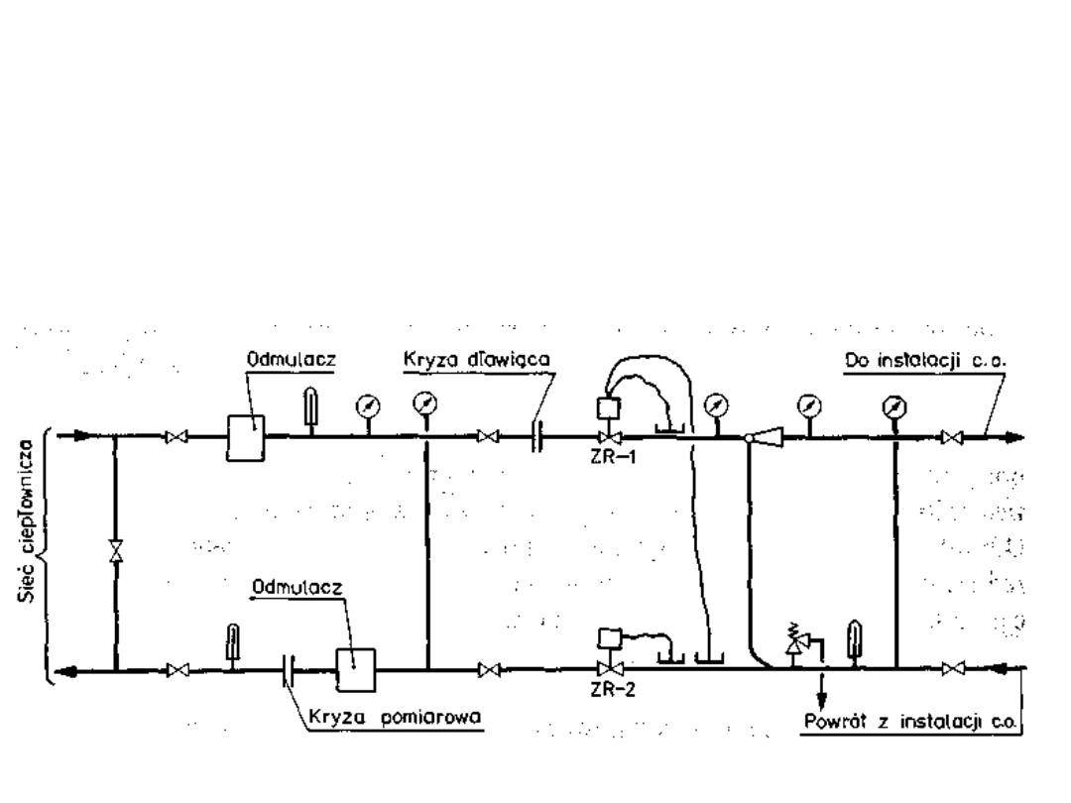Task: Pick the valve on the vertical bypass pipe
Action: click(x=116, y=551)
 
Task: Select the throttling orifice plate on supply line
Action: click(x=535, y=436)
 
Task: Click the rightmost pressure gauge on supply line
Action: click(x=894, y=405)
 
